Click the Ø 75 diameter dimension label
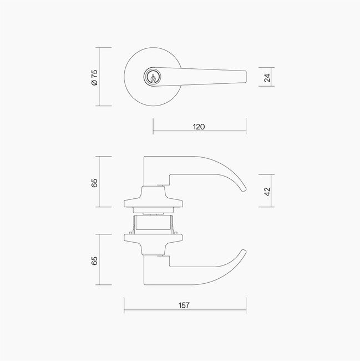(x=94, y=77)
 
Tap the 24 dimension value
(x=267, y=78)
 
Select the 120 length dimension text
(x=199, y=127)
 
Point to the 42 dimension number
(x=267, y=192)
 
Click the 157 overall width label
(x=184, y=305)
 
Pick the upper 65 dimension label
(x=94, y=183)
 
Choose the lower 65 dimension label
(x=94, y=260)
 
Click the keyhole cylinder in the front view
(x=153, y=77)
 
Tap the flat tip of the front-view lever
(x=246, y=77)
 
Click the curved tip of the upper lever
(x=244, y=189)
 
